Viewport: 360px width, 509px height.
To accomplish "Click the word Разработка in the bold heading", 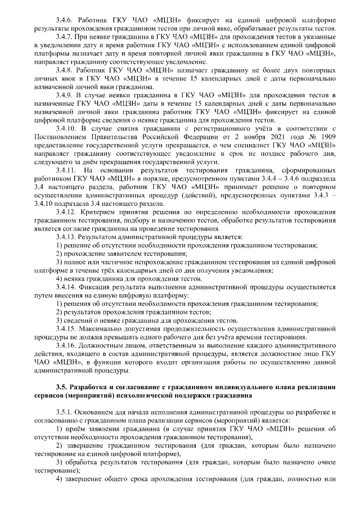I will [92, 387].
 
